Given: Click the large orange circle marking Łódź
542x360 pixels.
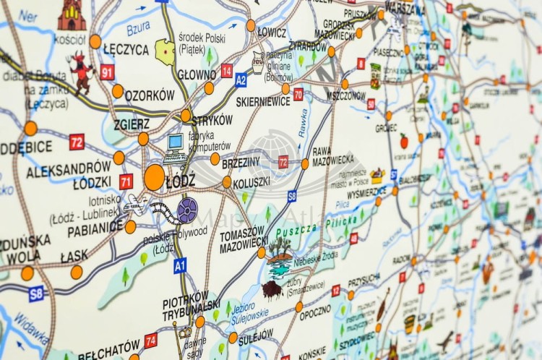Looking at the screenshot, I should tap(154, 177).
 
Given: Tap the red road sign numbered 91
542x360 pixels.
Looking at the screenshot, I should tap(108, 72).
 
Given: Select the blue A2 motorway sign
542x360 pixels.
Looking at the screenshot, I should tap(241, 80).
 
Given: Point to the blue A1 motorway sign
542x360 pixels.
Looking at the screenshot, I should tap(180, 265).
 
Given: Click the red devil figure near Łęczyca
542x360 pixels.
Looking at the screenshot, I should tap(82, 70).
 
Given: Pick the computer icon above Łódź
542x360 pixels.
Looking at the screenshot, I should tap(175, 145).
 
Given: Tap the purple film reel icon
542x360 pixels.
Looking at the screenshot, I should tap(186, 210).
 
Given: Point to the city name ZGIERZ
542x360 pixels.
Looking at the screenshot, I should tap(131, 124).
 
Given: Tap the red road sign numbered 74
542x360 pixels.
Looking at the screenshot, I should tap(150, 340).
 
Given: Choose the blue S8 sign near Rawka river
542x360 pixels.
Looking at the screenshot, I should tap(292, 196).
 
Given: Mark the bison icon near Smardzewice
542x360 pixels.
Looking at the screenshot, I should tap(271, 290).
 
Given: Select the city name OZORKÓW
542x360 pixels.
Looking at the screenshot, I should tap(150, 95).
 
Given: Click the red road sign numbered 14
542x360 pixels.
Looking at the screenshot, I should tap(227, 70).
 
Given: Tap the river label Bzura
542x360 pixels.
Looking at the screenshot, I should tap(138, 29).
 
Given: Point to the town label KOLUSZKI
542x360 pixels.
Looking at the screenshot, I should tap(252, 182).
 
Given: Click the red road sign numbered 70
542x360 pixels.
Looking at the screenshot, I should tap(298, 93).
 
